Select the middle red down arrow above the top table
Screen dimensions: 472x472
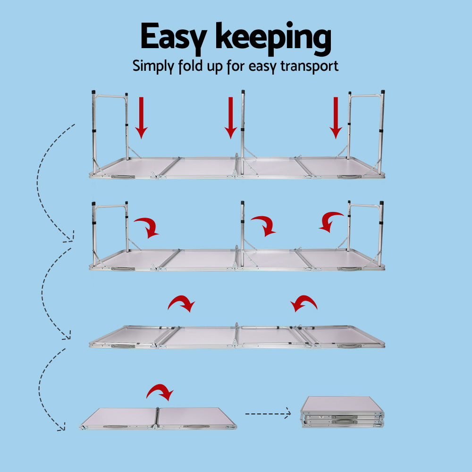[230, 118]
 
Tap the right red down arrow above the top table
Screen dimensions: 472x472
[336, 118]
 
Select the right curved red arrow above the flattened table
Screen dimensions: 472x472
[304, 303]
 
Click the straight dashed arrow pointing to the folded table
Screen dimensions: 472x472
[268, 414]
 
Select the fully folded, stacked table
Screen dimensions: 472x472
[342, 412]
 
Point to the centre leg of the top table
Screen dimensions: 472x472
[243, 127]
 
